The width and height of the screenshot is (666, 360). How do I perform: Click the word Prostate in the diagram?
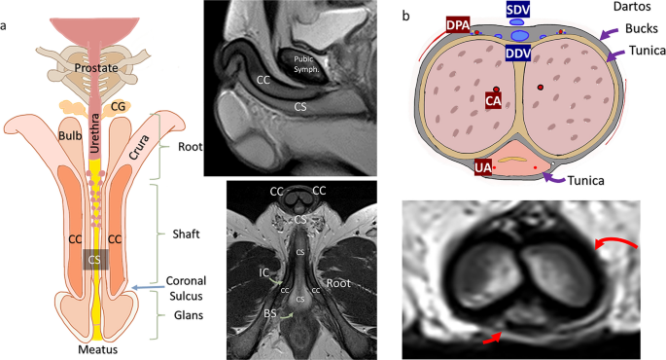click(96, 67)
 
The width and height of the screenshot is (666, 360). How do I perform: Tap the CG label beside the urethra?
click(118, 106)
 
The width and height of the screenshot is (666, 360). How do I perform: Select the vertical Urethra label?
click(94, 133)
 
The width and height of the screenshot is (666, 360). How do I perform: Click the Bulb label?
click(70, 135)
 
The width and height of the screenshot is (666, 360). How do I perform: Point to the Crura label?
click(139, 147)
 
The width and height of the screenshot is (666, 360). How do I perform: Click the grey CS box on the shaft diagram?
click(94, 259)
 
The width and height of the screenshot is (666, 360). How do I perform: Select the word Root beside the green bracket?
click(190, 147)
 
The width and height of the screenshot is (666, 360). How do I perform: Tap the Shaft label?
click(186, 234)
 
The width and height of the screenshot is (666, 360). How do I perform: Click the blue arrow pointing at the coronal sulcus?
click(148, 288)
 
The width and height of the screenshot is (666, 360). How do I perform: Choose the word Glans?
click(189, 315)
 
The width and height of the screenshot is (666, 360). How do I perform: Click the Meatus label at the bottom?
click(97, 350)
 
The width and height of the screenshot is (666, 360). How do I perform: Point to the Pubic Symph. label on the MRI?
click(306, 64)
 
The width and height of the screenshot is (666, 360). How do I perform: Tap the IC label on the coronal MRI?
click(264, 271)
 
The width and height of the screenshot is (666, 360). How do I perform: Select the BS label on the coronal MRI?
click(270, 313)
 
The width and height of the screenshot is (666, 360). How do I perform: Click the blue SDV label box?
click(518, 10)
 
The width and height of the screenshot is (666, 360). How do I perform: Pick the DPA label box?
click(458, 25)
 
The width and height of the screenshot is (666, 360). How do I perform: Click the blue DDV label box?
click(518, 53)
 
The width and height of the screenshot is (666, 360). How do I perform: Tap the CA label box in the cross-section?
click(493, 101)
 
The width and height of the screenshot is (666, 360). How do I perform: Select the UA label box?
click(483, 167)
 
